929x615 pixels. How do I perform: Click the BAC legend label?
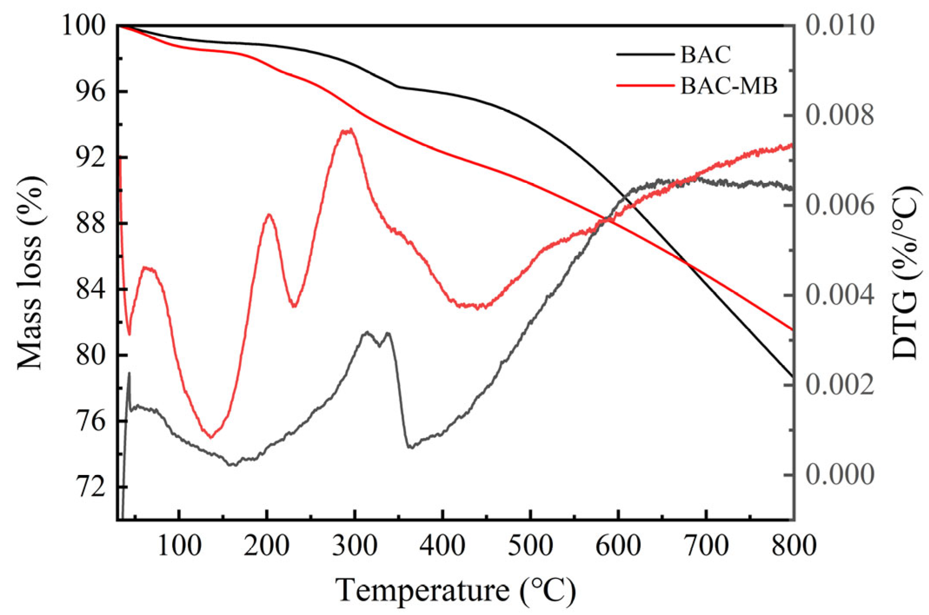tap(705, 55)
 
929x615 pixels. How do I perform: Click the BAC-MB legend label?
tap(729, 86)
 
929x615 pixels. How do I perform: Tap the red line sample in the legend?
tap(645, 86)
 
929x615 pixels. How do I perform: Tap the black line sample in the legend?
tap(645, 55)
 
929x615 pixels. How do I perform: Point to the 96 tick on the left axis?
tap(90, 92)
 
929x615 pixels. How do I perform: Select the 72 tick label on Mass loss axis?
tap(90, 487)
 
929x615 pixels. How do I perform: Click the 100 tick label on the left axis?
tap(83, 26)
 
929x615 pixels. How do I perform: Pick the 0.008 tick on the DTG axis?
tap(839, 116)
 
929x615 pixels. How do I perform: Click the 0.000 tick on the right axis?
tap(839, 475)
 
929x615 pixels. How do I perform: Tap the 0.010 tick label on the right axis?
tap(839, 26)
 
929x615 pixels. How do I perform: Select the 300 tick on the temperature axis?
tap(355, 545)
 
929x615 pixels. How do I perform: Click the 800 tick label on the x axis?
tap(793, 545)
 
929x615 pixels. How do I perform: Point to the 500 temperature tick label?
tap(530, 545)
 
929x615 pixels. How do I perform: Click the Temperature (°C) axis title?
tap(455, 590)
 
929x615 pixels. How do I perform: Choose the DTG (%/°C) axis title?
tap(906, 273)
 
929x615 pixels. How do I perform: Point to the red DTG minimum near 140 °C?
tap(211, 437)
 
